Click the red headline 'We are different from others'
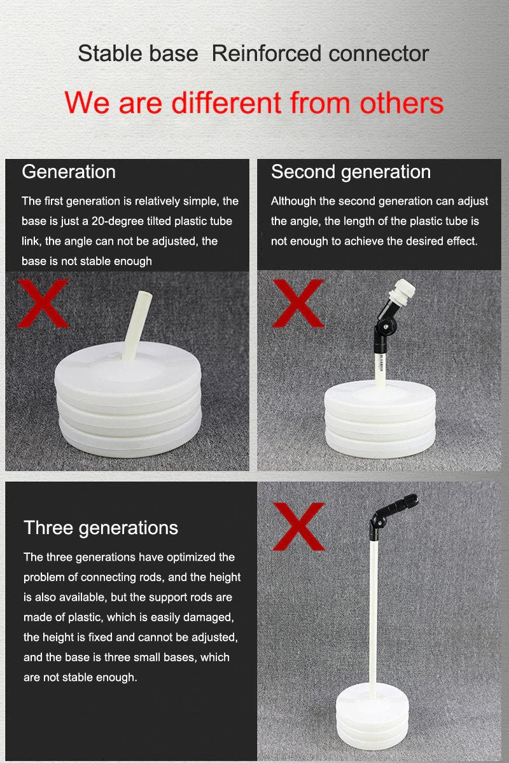[254, 103]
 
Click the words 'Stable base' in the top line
[137, 54]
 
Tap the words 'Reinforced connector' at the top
[320, 54]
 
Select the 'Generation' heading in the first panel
[69, 172]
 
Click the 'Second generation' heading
[351, 172]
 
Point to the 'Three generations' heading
[101, 528]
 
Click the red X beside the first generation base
[42, 303]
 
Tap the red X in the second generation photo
[297, 303]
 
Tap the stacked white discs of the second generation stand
[380, 420]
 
